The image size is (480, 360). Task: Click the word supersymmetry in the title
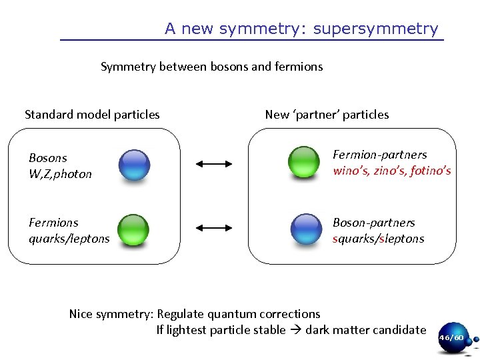(375, 29)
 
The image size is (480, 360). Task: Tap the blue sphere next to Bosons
(134, 165)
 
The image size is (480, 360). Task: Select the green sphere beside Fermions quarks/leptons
(133, 228)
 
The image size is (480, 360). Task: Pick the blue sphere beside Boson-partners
(307, 228)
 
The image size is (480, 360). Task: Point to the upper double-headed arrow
(213, 163)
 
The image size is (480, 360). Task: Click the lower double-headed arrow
(213, 228)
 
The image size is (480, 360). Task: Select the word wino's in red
(351, 171)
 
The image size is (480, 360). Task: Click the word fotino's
(431, 171)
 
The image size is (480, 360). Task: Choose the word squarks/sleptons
(378, 239)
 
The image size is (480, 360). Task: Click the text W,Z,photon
(60, 174)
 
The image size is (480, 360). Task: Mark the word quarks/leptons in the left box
(69, 239)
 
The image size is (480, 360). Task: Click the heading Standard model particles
(92, 115)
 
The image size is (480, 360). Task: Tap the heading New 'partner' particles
(327, 115)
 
